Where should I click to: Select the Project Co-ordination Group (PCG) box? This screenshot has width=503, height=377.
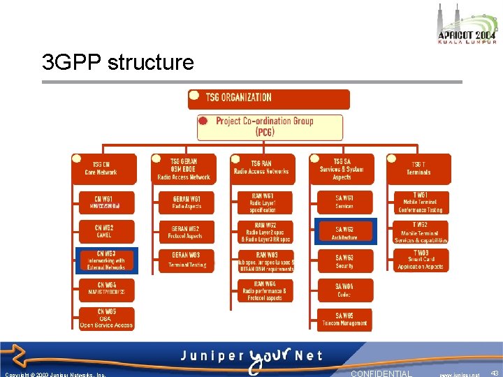pyautogui.click(x=270, y=126)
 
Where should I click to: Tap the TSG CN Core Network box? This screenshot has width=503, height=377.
pyautogui.click(x=105, y=168)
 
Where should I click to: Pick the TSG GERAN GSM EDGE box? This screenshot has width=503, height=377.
pyautogui.click(x=183, y=168)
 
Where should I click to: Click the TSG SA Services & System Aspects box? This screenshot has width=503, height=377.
pyautogui.click(x=342, y=168)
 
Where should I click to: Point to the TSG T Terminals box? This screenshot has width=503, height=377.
pyautogui.click(x=419, y=168)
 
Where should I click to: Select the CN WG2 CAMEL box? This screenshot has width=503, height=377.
pyautogui.click(x=105, y=231)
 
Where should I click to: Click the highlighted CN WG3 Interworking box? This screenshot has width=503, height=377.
pyautogui.click(x=105, y=260)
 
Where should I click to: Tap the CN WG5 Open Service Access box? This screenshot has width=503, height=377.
pyautogui.click(x=105, y=318)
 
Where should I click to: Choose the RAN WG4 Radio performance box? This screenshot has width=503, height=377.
pyautogui.click(x=265, y=290)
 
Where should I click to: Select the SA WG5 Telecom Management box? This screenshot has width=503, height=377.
pyautogui.click(x=345, y=320)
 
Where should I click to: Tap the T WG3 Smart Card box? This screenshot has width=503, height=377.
pyautogui.click(x=421, y=260)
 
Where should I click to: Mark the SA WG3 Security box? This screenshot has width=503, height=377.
pyautogui.click(x=345, y=261)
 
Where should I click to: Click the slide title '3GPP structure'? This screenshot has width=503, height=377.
pyautogui.click(x=117, y=63)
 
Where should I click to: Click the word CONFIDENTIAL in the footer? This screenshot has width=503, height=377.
pyautogui.click(x=381, y=374)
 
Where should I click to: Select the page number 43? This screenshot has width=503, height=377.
pyautogui.click(x=495, y=374)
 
